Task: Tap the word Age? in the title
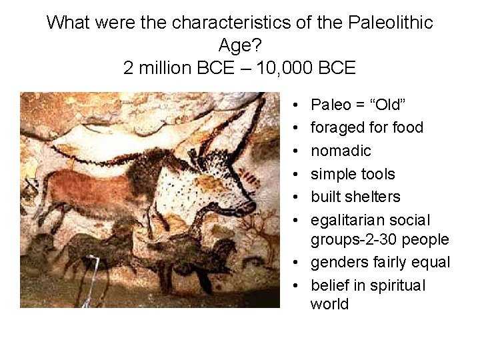[x=239, y=45]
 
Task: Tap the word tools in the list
[x=380, y=174]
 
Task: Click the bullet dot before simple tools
[x=295, y=174]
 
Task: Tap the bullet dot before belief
[x=295, y=285]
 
